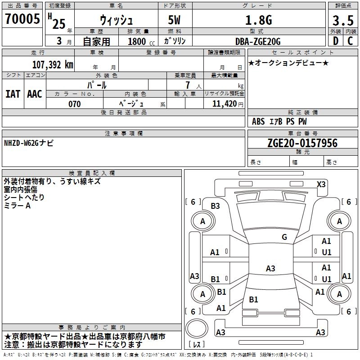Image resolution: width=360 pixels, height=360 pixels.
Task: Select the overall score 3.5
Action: (342, 21)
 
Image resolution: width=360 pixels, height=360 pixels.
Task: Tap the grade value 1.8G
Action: (258, 20)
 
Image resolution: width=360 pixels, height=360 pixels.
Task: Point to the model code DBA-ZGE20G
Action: (258, 41)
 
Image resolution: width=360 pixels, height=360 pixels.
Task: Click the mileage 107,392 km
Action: (53, 64)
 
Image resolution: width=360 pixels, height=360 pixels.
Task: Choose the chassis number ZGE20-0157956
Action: (302, 143)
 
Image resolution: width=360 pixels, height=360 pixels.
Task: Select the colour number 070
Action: (74, 104)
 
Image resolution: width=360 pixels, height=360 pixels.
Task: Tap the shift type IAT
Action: (12, 94)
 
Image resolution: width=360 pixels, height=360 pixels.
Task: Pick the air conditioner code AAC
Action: (34, 94)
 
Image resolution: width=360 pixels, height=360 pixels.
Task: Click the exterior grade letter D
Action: (335, 41)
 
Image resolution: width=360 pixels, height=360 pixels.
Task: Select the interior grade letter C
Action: (350, 41)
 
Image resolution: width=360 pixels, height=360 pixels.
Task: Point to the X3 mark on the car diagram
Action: (321, 184)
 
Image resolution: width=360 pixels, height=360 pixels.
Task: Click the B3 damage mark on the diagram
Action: (215, 206)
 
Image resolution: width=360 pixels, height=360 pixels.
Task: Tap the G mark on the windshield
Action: (284, 237)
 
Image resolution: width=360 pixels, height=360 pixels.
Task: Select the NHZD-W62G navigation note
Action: (29, 143)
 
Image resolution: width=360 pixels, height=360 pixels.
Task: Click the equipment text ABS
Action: (258, 121)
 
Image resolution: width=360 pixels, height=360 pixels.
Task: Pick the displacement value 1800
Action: (137, 41)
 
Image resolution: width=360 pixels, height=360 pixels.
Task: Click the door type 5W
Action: (175, 21)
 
